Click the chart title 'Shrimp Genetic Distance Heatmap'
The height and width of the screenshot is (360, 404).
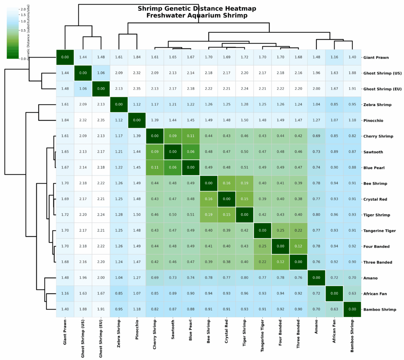pos(197,9)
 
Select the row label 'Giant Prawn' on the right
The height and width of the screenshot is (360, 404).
pos(376,58)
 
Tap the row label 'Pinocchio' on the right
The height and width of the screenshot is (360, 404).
pos(374,120)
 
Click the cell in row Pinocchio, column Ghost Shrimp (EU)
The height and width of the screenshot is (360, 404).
pos(101,120)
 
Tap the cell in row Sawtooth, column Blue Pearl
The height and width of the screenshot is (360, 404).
pos(190,152)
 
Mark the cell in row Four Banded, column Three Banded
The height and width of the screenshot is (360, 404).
pos(298,246)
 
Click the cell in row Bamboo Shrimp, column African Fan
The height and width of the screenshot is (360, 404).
pos(334,309)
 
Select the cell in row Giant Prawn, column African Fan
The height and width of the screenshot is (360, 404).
pos(334,58)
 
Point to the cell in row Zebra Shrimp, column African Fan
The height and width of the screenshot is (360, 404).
pos(334,105)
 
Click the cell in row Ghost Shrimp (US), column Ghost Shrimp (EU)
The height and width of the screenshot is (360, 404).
pos(101,73)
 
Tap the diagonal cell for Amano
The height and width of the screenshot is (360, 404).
pos(316,278)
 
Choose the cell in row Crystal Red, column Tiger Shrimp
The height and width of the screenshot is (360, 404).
pos(244,199)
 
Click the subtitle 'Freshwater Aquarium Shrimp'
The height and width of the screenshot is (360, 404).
pos(197,16)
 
